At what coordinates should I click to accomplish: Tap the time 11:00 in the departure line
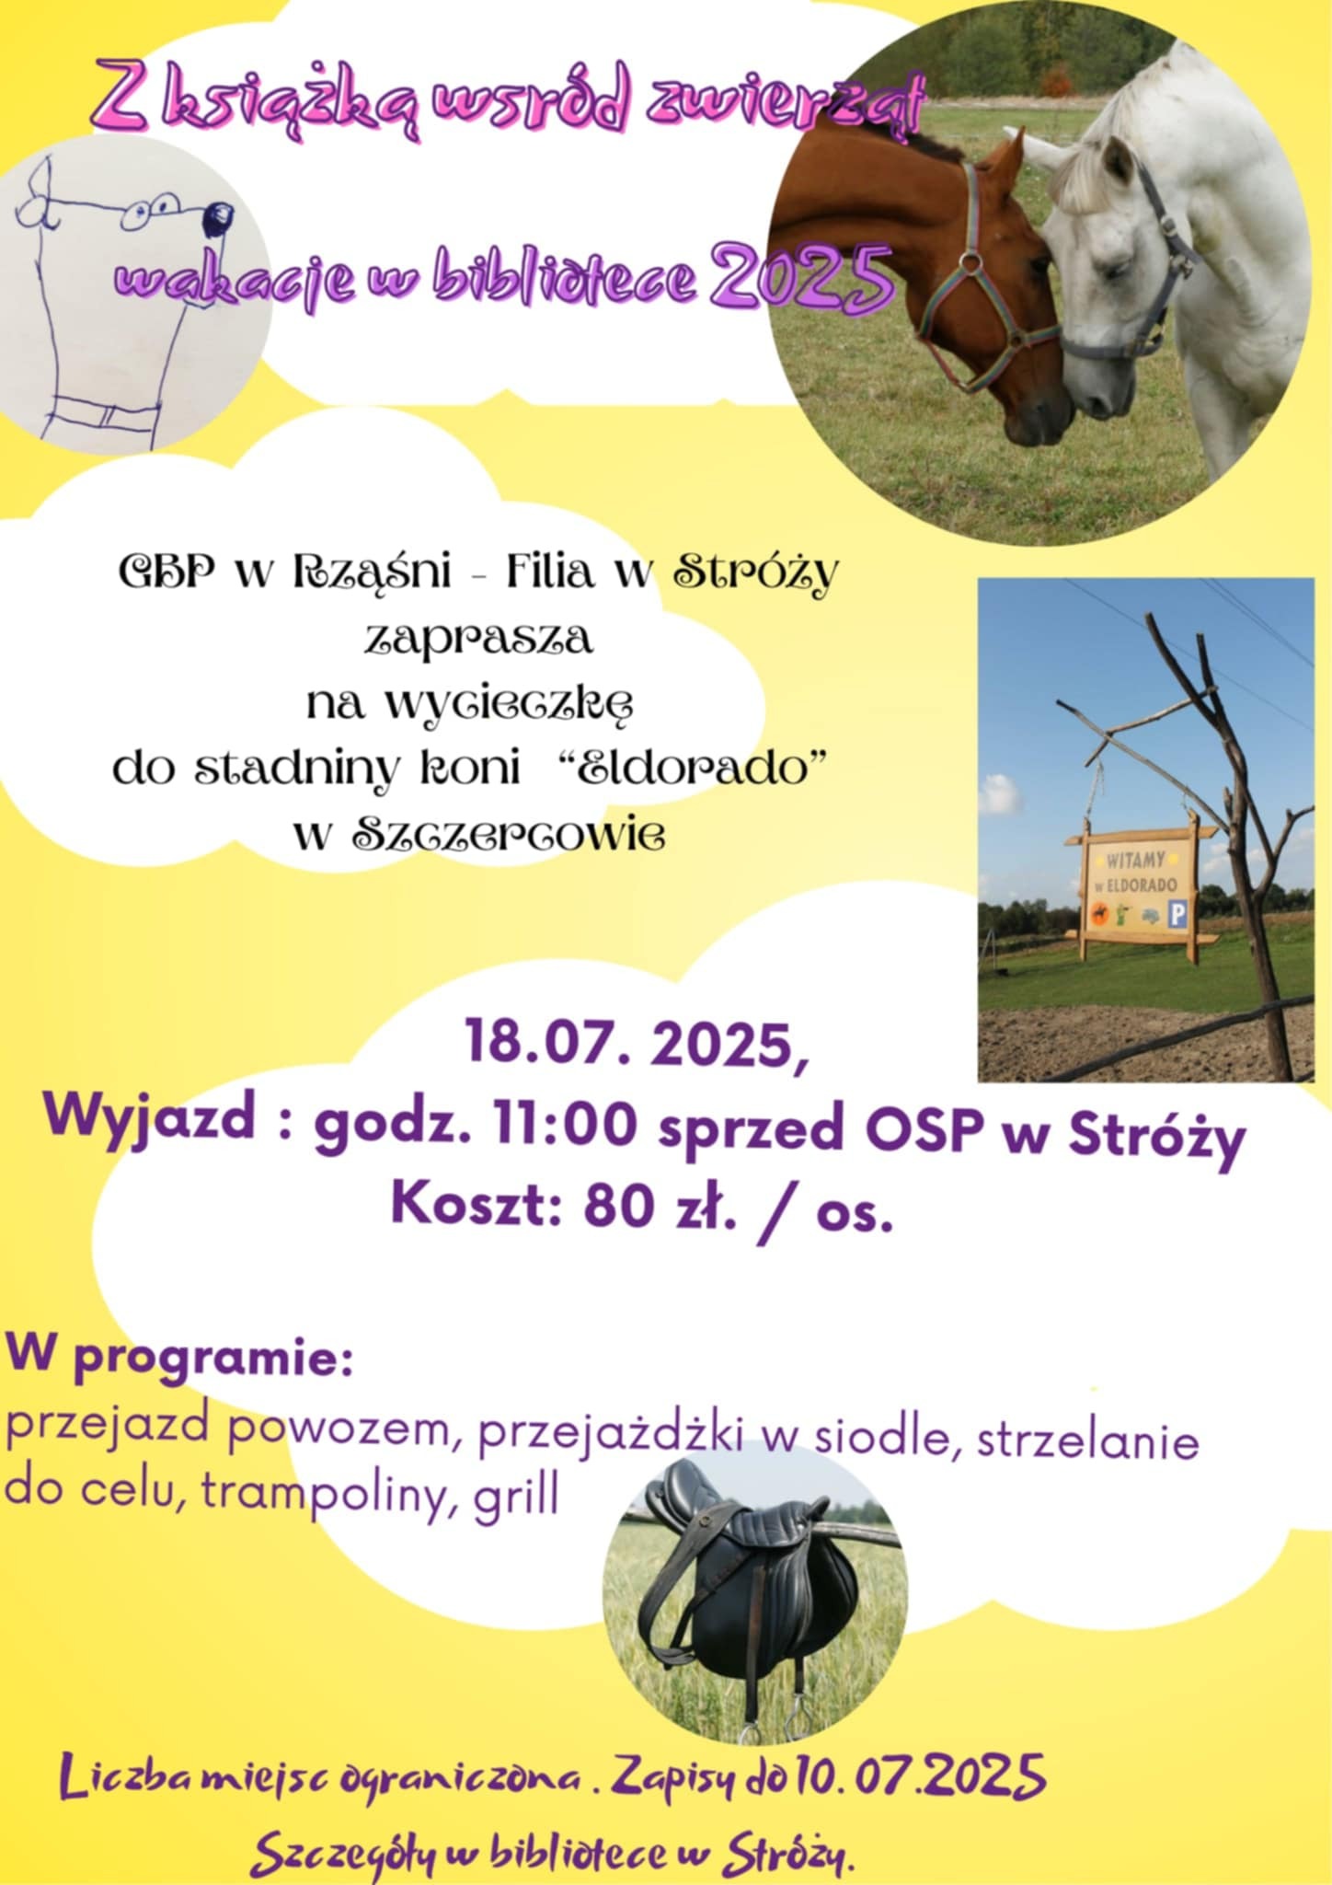[x=563, y=1125]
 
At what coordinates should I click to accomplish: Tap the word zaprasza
[x=478, y=638]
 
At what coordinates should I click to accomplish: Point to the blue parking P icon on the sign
[x=1177, y=914]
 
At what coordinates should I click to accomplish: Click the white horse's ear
[x=1116, y=164]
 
